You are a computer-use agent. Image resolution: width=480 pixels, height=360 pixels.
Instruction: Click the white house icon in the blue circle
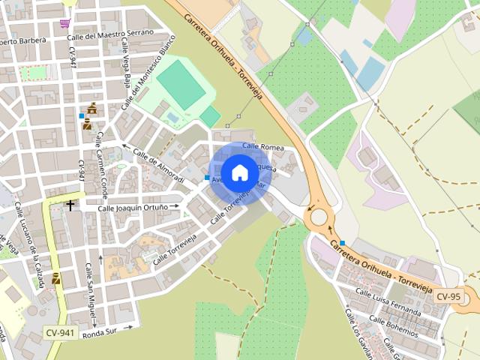pyautogui.click(x=240, y=172)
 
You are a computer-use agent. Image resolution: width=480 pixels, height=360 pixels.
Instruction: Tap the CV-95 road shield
pyautogui.click(x=448, y=296)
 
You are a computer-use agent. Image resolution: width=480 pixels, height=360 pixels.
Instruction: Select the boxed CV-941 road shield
pyautogui.click(x=60, y=332)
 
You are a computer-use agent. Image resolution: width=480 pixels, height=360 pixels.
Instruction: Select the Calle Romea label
pyautogui.click(x=262, y=147)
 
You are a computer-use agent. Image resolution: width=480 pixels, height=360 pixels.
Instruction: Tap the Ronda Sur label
pyautogui.click(x=101, y=332)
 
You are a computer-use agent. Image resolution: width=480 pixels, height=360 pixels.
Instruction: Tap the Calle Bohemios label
pyautogui.click(x=393, y=323)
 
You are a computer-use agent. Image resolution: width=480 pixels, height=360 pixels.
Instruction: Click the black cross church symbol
pyautogui.click(x=70, y=205)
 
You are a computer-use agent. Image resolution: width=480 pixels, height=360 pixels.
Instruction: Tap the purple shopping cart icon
pyautogui.click(x=66, y=22)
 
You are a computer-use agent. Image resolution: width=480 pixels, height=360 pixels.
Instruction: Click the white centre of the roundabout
pyautogui.click(x=319, y=217)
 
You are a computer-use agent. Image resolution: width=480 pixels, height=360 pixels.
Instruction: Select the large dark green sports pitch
pyautogui.click(x=181, y=84)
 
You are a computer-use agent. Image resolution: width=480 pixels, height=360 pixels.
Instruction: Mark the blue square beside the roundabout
pyautogui.click(x=342, y=243)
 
